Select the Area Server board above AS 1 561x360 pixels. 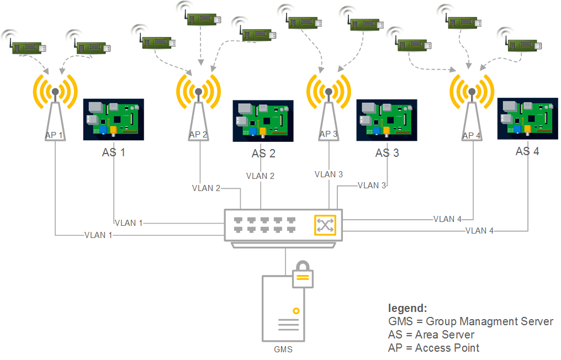pyautogui.click(x=113, y=119)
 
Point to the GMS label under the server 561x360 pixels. pyautogui.click(x=283, y=350)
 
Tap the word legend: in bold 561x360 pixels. pyautogui.click(x=407, y=308)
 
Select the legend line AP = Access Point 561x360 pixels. pyautogui.click(x=433, y=348)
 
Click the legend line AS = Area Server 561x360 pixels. pyautogui.click(x=431, y=335)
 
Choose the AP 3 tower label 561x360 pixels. pyautogui.click(x=328, y=134)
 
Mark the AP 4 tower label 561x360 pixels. pyautogui.click(x=472, y=135)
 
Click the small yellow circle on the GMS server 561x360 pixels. pyautogui.click(x=296, y=311)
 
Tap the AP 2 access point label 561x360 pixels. pyautogui.click(x=198, y=135)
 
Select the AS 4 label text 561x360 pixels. pyautogui.click(x=527, y=151)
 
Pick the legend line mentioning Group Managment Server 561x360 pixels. pyautogui.click(x=470, y=321)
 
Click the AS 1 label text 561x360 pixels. pyautogui.click(x=113, y=152)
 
